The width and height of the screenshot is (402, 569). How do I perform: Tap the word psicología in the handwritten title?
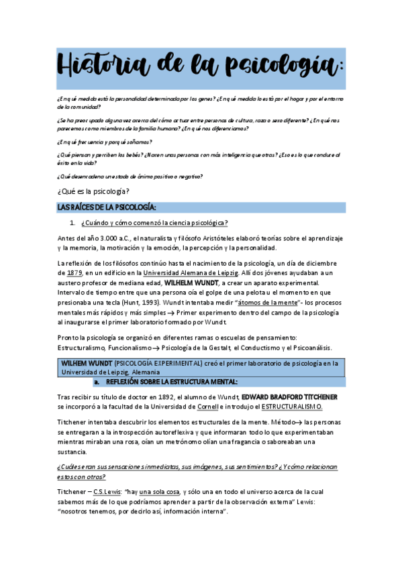point(283,67)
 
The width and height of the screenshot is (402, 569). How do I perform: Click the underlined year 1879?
point(76,273)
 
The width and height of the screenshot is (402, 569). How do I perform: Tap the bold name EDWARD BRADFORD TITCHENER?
point(290,397)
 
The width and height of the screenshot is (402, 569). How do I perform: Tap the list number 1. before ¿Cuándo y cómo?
point(72,223)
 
